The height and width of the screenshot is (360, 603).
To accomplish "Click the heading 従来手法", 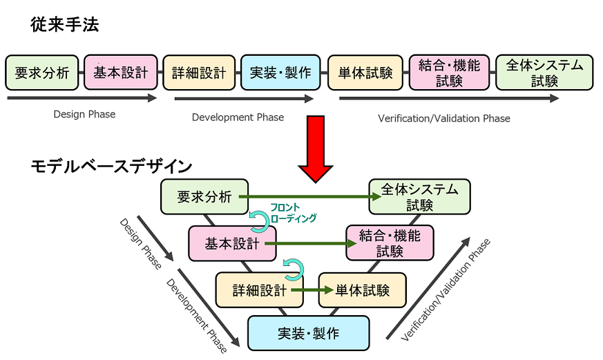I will pos(65,26).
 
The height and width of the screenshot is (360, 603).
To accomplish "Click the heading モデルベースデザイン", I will pos(111,167).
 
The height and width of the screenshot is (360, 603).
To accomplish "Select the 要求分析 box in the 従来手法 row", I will pos(42,73).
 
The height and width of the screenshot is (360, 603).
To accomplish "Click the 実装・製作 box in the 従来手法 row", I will pos(280,73).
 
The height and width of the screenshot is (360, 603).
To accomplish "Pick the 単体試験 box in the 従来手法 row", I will pos(365,73).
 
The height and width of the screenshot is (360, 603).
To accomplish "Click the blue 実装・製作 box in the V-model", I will pos(308,333).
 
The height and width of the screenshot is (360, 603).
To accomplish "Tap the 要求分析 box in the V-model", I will pos(204,197).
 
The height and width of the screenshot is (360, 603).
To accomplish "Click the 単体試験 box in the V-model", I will pos(362,290).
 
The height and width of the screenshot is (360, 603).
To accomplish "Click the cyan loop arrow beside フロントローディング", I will pos(260,220).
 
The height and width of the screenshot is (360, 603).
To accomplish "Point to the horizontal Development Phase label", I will pos(238,117).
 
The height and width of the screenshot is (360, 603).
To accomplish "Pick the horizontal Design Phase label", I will pos(84,114).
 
